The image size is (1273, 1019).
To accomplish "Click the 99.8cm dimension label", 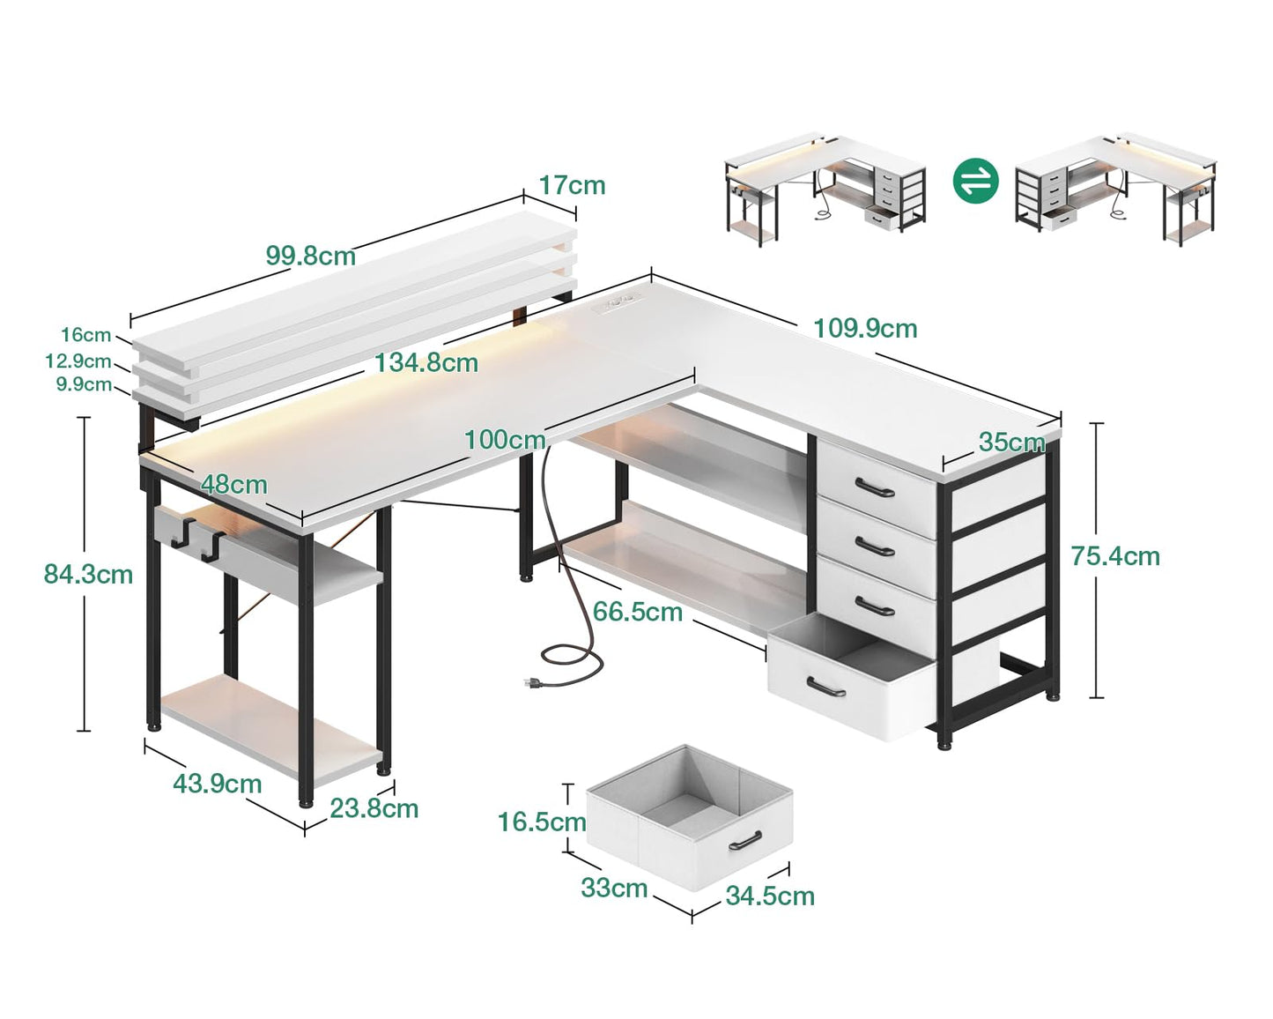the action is click(311, 256).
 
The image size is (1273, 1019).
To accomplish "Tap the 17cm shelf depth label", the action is click(572, 186).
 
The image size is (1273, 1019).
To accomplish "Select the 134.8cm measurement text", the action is click(426, 363).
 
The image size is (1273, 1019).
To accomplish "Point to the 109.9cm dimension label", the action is click(865, 329).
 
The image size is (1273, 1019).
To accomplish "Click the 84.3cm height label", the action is click(88, 575).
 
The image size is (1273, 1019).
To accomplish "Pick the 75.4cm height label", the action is click(1115, 556).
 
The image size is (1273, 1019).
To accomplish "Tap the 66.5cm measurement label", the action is click(638, 613).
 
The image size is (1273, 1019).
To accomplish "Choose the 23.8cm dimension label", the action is click(374, 809).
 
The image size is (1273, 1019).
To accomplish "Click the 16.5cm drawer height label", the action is click(542, 822).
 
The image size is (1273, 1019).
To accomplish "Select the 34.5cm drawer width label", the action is click(770, 896).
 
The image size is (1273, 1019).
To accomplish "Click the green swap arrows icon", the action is click(975, 182).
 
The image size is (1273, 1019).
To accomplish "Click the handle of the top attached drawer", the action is click(875, 487).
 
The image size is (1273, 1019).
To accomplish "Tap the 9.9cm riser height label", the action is click(84, 384).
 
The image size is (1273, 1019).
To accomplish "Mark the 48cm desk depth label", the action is click(233, 485).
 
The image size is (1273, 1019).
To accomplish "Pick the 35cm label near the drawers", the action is click(1011, 443).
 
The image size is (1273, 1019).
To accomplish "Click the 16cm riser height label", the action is click(85, 335).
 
